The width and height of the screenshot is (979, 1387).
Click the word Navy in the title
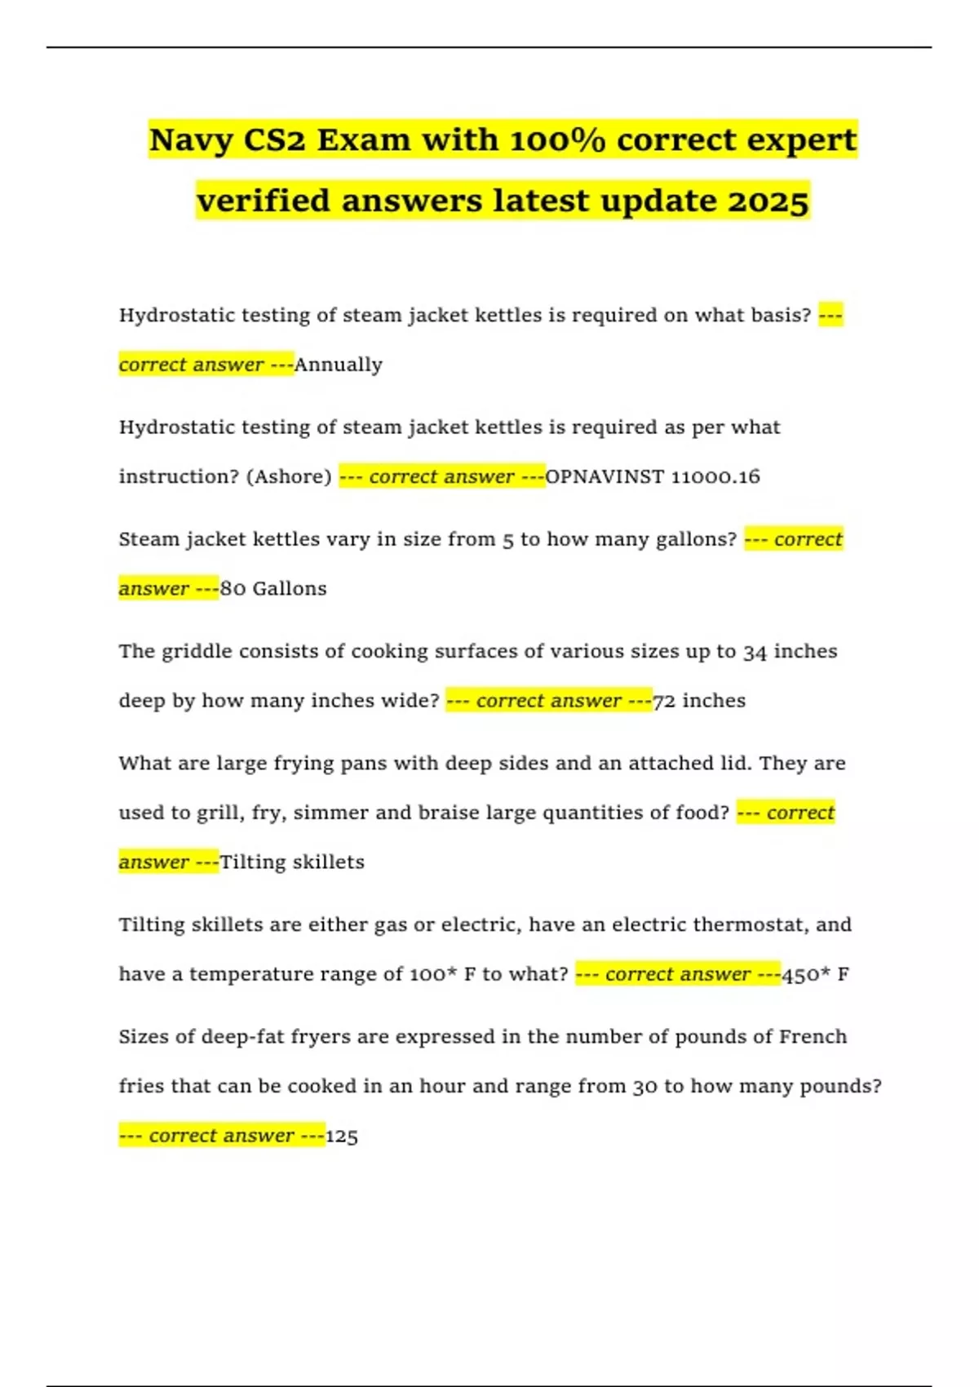(x=191, y=140)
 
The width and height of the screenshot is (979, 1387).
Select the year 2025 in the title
(x=768, y=201)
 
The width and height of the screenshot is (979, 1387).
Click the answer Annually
(x=338, y=365)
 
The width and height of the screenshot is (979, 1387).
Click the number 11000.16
(x=715, y=476)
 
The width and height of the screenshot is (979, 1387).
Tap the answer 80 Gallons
(x=273, y=588)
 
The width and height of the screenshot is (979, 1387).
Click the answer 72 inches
(x=699, y=701)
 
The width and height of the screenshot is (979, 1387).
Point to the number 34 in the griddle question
(x=755, y=652)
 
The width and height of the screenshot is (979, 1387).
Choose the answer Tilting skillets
(x=292, y=862)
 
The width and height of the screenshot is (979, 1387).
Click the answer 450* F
(x=815, y=974)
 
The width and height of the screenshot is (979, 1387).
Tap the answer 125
(x=342, y=1136)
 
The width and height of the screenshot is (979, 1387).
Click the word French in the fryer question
(x=813, y=1037)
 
